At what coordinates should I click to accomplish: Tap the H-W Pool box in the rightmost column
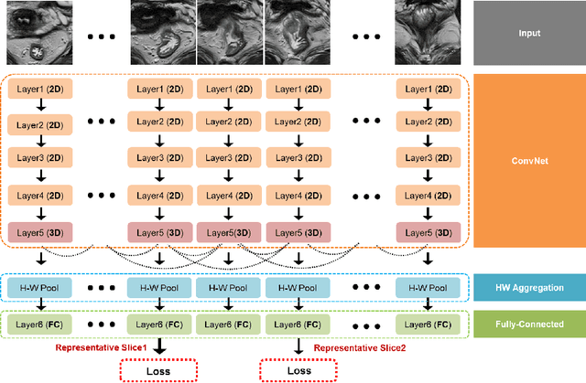(426, 288)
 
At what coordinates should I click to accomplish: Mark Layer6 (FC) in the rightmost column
(426, 324)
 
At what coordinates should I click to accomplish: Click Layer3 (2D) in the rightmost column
(426, 159)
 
